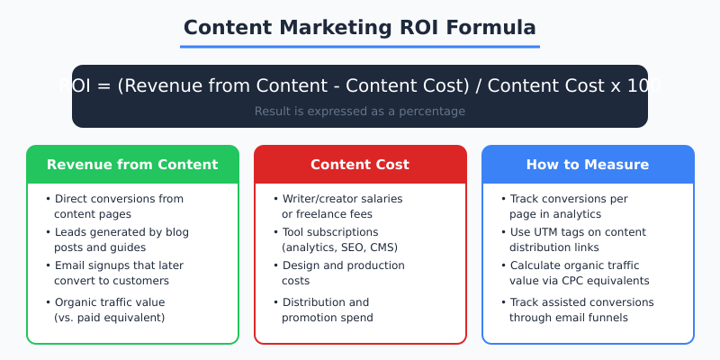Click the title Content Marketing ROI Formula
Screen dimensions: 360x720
(360, 26)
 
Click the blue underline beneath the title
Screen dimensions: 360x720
(360, 46)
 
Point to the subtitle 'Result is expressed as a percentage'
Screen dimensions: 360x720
(360, 112)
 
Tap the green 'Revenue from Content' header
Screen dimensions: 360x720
(132, 165)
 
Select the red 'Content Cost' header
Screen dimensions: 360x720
(360, 165)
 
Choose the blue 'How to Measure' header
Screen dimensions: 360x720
(588, 165)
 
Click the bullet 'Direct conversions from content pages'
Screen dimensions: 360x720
(117, 206)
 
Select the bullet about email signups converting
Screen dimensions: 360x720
(117, 273)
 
